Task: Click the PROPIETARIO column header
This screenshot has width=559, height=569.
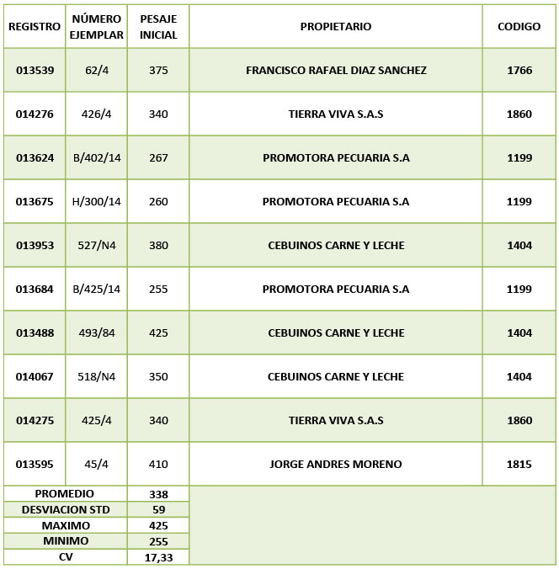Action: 335,27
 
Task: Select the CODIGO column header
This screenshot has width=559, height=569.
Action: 519,27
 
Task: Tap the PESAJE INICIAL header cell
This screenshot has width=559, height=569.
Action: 158,27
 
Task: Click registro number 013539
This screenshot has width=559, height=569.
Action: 35,71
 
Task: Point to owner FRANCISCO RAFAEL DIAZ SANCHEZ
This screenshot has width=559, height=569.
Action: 335,71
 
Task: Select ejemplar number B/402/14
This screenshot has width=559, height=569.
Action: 97,158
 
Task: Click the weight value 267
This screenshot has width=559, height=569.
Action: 158,158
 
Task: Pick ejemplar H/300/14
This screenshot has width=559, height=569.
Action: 97,202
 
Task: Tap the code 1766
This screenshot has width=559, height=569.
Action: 519,71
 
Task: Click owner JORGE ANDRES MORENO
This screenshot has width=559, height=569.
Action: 335,465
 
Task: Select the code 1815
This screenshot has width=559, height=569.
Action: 519,465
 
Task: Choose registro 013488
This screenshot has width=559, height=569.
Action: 35,333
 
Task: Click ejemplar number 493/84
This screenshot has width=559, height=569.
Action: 97,333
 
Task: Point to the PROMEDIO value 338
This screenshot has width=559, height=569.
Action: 158,494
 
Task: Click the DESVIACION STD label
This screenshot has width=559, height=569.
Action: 66,509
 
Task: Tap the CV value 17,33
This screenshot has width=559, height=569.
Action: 158,557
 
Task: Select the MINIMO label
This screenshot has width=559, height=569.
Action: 66,541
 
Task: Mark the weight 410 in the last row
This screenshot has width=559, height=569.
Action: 158,465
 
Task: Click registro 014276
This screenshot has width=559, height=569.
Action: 35,114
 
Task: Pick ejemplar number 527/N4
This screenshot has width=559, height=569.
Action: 97,246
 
